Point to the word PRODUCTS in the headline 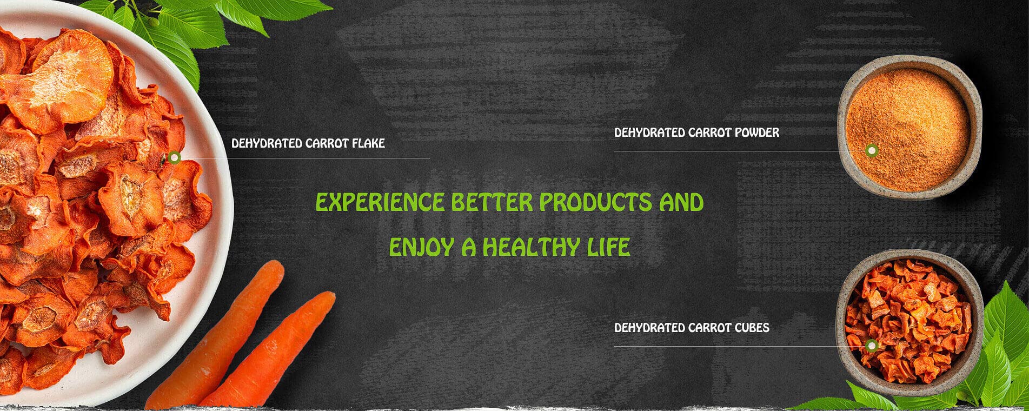click(x=595, y=202)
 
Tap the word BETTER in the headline click(x=492, y=202)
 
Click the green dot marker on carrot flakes click(x=174, y=158)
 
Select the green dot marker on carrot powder click(x=871, y=150)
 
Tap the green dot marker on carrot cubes click(x=871, y=346)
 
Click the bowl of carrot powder click(x=909, y=128)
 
